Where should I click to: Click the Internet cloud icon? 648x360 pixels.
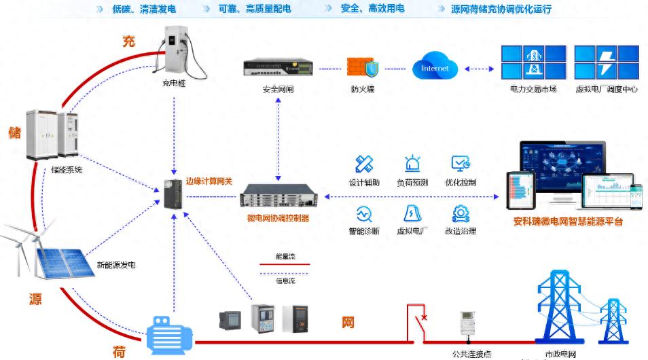click(435, 67)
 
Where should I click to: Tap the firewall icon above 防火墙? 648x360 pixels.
click(362, 67)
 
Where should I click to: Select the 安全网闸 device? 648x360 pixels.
click(278, 69)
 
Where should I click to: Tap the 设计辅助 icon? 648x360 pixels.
click(364, 164)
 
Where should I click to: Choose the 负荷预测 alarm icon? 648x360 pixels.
click(412, 164)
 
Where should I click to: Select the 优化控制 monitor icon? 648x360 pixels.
click(461, 164)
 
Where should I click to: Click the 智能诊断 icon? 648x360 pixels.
click(364, 213)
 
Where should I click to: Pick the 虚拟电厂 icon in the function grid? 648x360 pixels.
click(412, 213)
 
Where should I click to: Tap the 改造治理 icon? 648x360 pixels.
click(461, 213)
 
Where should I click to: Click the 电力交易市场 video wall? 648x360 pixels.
click(533, 62)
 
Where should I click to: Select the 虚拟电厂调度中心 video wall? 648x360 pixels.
click(607, 62)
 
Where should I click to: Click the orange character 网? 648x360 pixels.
click(347, 322)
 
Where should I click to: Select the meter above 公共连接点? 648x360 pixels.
click(467, 325)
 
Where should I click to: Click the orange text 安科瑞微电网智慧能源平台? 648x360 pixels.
click(569, 222)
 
